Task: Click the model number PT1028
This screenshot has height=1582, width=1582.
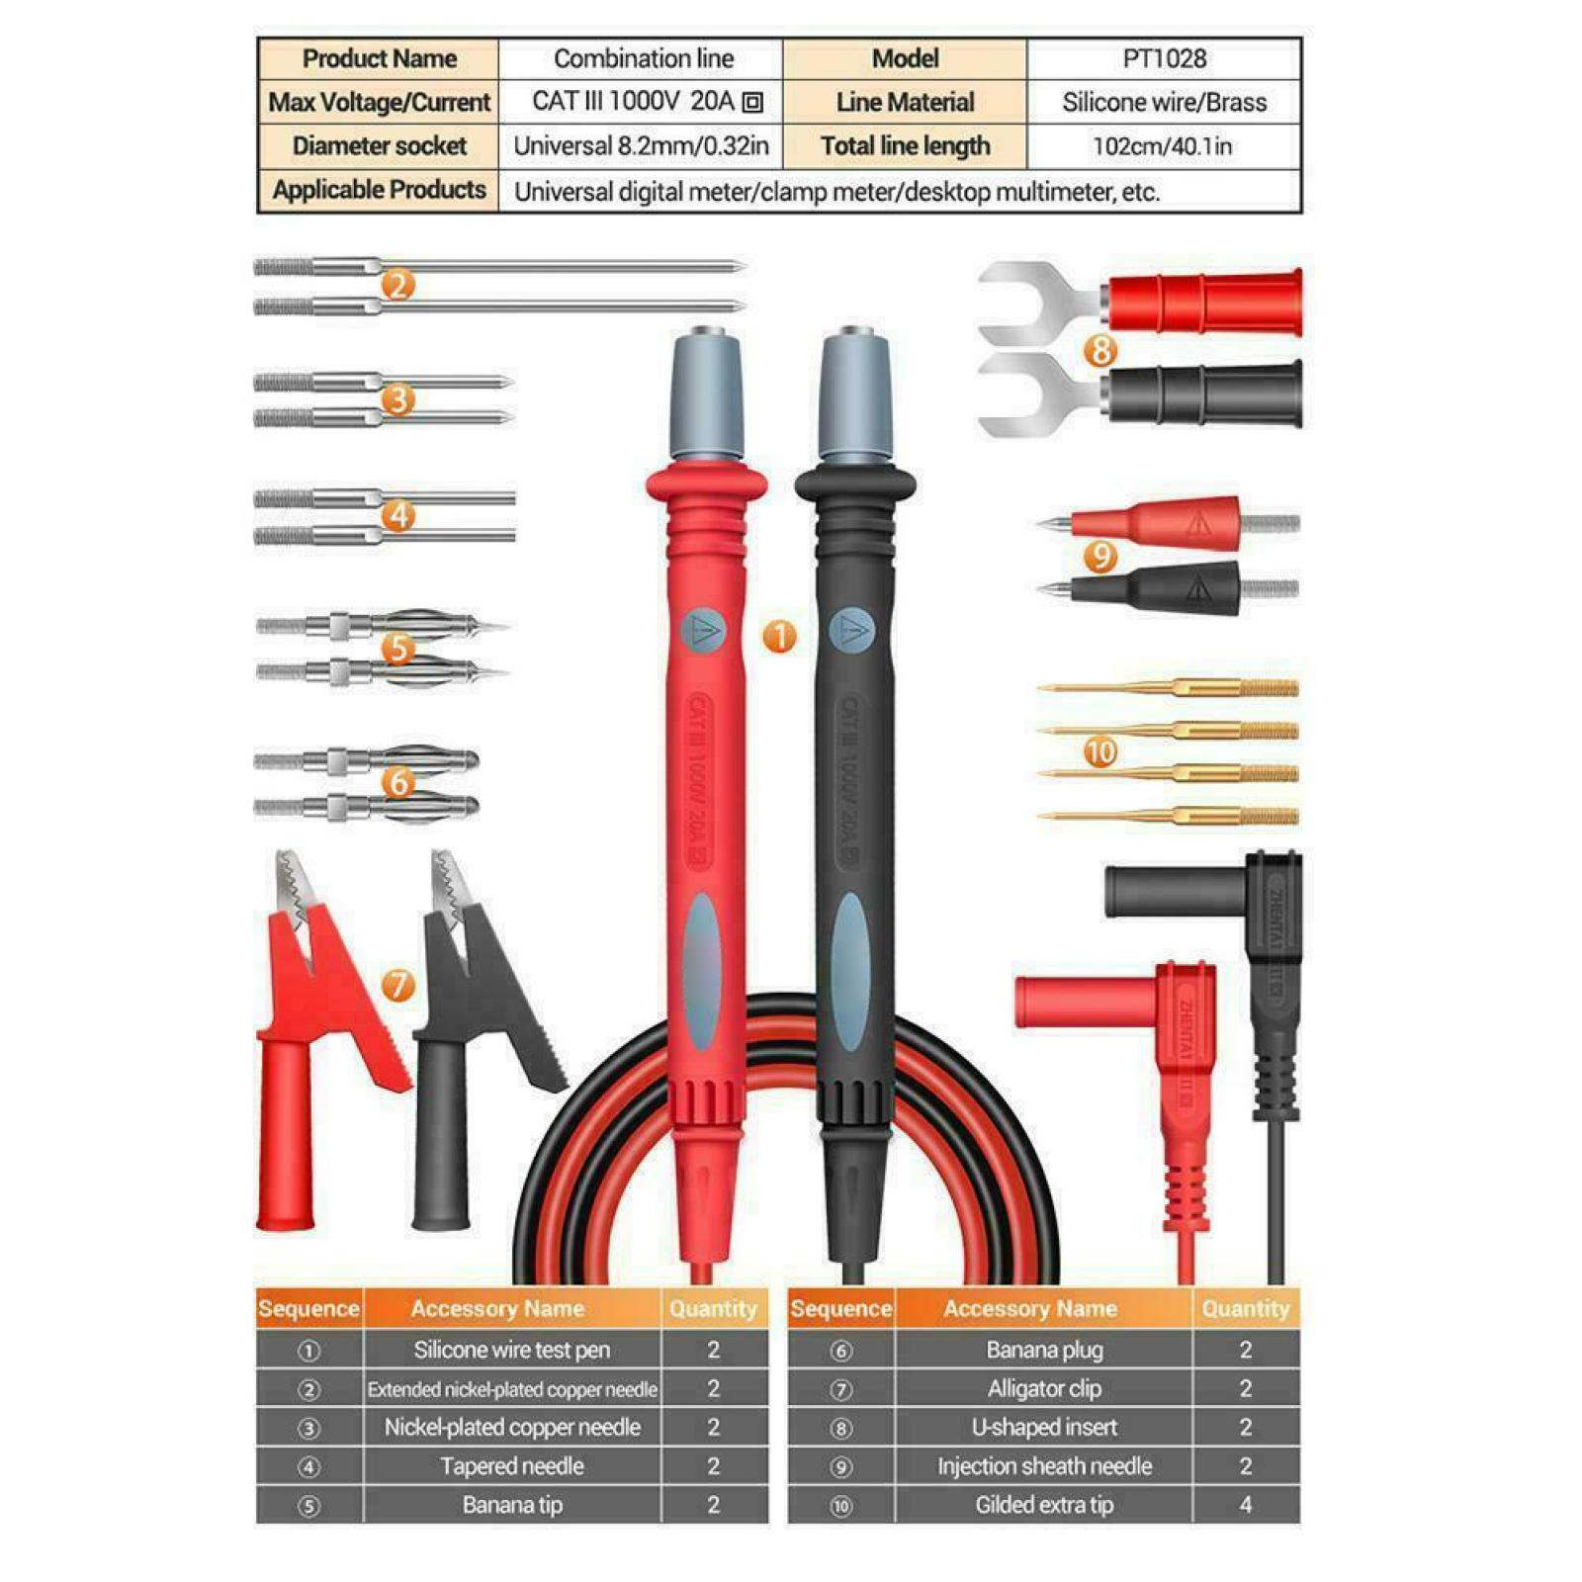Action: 1164,59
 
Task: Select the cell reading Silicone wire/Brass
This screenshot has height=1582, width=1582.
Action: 1164,103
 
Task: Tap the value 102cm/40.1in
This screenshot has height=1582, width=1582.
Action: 1162,146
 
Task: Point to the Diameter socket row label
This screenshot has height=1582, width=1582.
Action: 379,146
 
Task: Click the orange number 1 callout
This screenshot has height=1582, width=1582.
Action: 779,636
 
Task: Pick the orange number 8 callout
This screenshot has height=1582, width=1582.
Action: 1099,349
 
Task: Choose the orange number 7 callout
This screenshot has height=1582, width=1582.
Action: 397,984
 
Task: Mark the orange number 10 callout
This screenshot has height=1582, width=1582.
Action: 1100,752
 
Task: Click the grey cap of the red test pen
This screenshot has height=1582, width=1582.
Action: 708,395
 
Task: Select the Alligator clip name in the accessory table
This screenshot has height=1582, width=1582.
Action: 1043,1389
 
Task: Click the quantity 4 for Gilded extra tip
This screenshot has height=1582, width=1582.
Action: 1245,1505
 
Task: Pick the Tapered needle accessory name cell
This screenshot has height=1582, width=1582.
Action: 512,1466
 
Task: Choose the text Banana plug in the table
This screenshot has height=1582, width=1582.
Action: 1043,1350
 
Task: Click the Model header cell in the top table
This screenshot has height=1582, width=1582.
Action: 905,59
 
